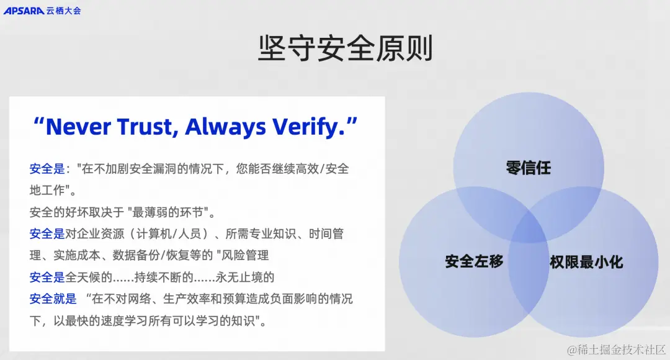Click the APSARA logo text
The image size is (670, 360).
tap(24, 10)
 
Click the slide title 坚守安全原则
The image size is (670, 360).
tap(345, 48)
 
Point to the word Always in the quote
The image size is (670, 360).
tap(228, 127)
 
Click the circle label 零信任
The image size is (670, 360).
tap(528, 168)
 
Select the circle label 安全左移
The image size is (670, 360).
tap(474, 261)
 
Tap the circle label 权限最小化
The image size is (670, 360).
tap(586, 261)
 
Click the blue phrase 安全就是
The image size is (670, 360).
tap(53, 299)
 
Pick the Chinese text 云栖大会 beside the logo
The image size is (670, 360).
tap(63, 10)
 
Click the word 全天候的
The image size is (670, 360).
tap(89, 277)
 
